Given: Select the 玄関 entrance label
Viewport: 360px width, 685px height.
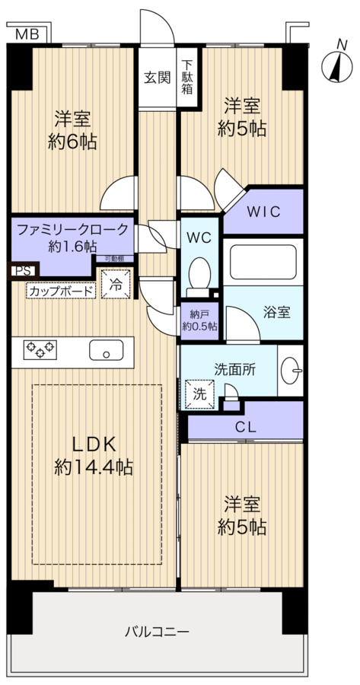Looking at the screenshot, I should tap(158, 77).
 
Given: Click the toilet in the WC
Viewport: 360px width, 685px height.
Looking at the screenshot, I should tap(200, 273).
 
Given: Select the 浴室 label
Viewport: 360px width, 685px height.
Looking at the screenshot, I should tap(276, 311).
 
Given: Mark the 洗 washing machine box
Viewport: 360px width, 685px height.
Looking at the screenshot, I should tap(199, 394).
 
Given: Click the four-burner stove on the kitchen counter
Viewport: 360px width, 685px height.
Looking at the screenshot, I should tap(40, 349).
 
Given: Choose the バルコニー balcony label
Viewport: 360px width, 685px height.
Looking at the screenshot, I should tap(157, 631).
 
